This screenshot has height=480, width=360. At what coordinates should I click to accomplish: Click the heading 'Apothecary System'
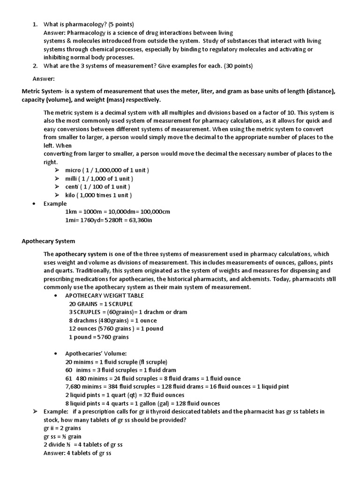pyautogui.click(x=48, y=241)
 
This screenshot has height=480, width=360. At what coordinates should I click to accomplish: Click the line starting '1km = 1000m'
pyautogui.click(x=117, y=212)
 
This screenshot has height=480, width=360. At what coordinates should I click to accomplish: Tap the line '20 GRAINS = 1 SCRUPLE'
pyautogui.click(x=101, y=304)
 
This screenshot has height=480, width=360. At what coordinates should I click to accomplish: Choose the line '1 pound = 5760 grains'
pyautogui.click(x=98, y=337)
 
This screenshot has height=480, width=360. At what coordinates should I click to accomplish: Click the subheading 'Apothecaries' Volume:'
pyautogui.click(x=96, y=353)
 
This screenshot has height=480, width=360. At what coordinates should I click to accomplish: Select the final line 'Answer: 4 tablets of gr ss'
pyautogui.click(x=77, y=453)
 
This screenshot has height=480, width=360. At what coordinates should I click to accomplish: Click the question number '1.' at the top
pyautogui.click(x=36, y=24)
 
